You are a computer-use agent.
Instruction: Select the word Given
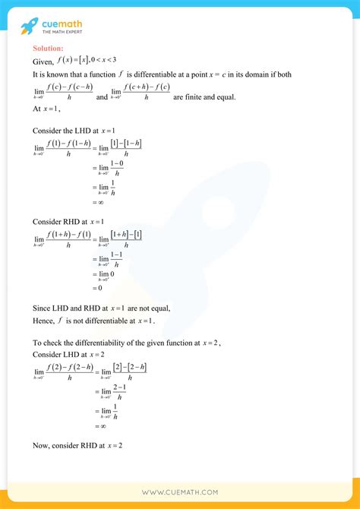point(43,62)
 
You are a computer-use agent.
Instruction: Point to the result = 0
point(97,289)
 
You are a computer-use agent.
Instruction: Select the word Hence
point(44,321)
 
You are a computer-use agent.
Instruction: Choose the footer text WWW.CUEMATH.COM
point(180,492)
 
